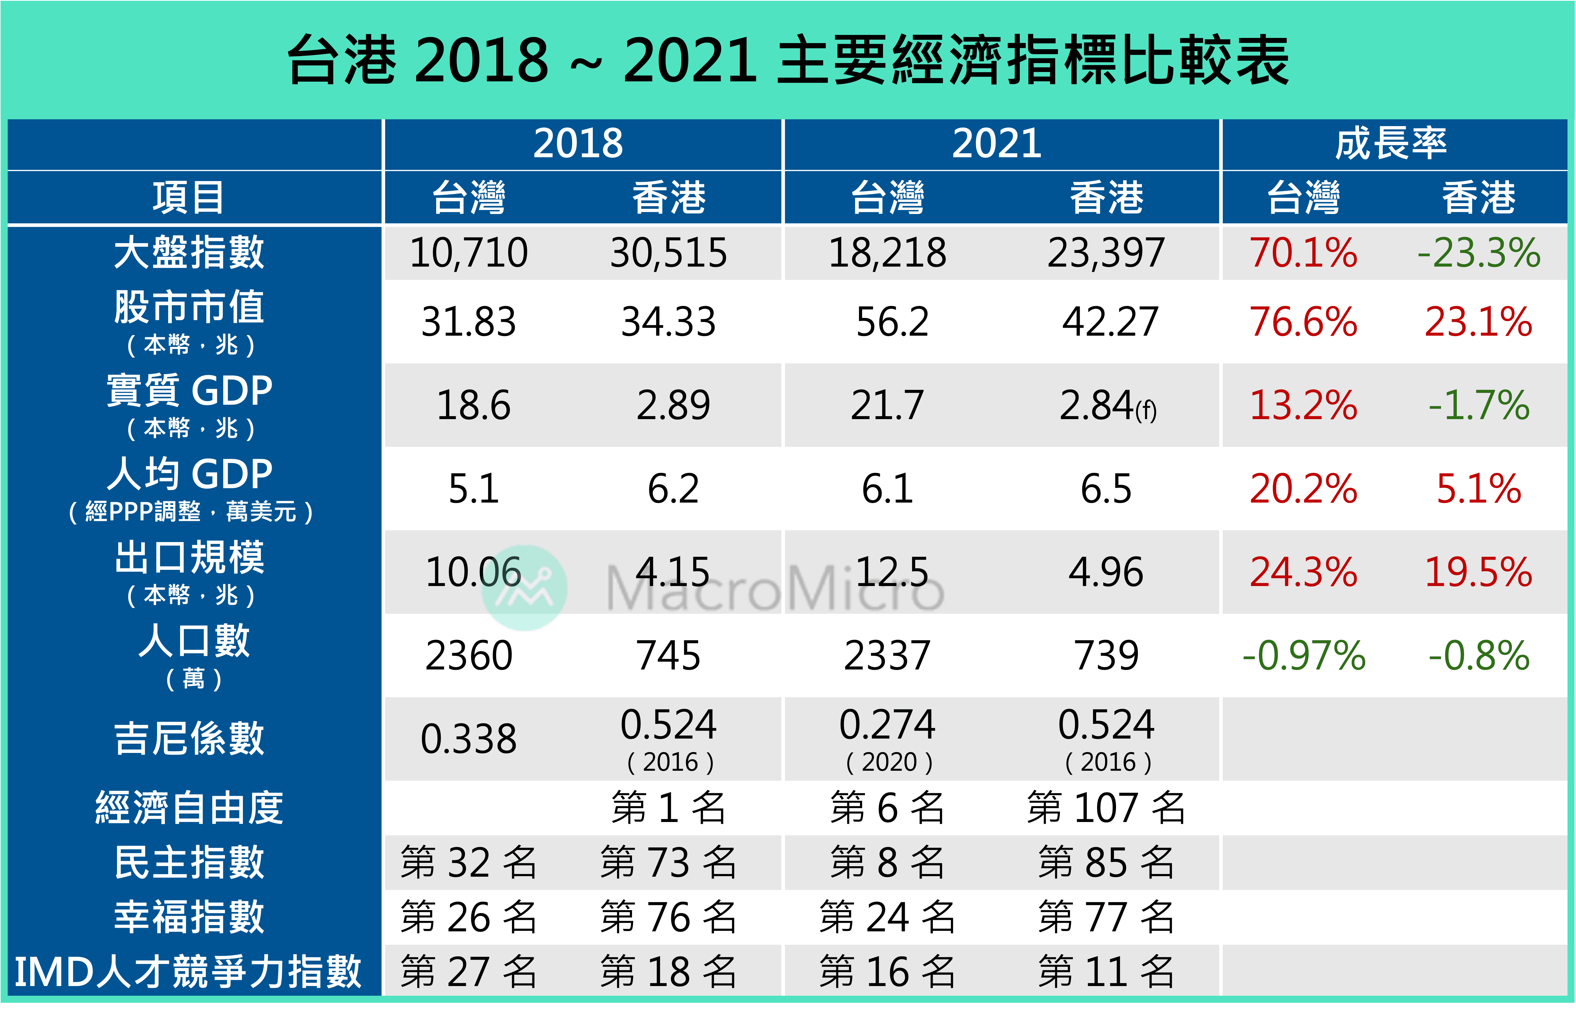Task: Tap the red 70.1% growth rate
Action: pos(1303,253)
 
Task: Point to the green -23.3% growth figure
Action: pos(1479,253)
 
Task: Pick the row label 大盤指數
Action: pos(189,253)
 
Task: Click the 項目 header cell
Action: pos(189,197)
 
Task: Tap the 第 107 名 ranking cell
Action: pos(1106,808)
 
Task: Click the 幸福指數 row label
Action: pos(189,917)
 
